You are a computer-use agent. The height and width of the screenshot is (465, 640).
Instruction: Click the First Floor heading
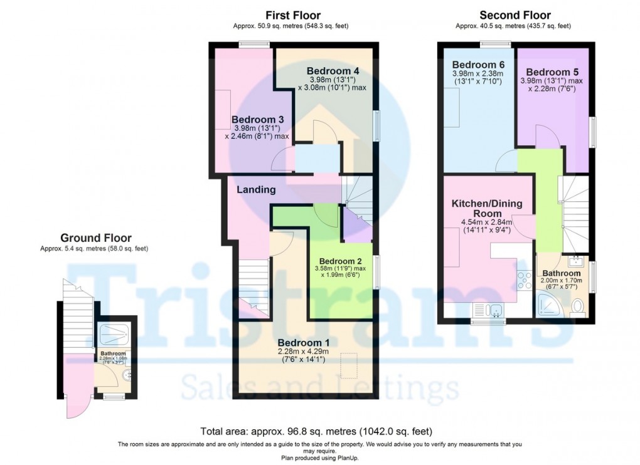coord(292,16)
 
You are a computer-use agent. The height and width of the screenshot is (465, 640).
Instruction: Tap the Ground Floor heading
coord(96,238)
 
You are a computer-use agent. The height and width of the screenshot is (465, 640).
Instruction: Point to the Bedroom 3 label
coord(257,120)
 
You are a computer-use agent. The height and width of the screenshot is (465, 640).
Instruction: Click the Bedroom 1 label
coord(303,343)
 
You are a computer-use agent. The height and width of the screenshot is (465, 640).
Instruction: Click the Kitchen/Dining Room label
coord(486,209)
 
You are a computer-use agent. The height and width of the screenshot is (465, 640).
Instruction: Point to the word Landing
coord(256,189)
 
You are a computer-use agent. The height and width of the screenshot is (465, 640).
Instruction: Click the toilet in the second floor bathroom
coord(577,306)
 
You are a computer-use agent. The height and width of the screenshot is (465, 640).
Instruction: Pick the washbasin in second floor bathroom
coord(575,261)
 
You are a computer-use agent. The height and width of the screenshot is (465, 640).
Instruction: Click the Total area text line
coord(316,431)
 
